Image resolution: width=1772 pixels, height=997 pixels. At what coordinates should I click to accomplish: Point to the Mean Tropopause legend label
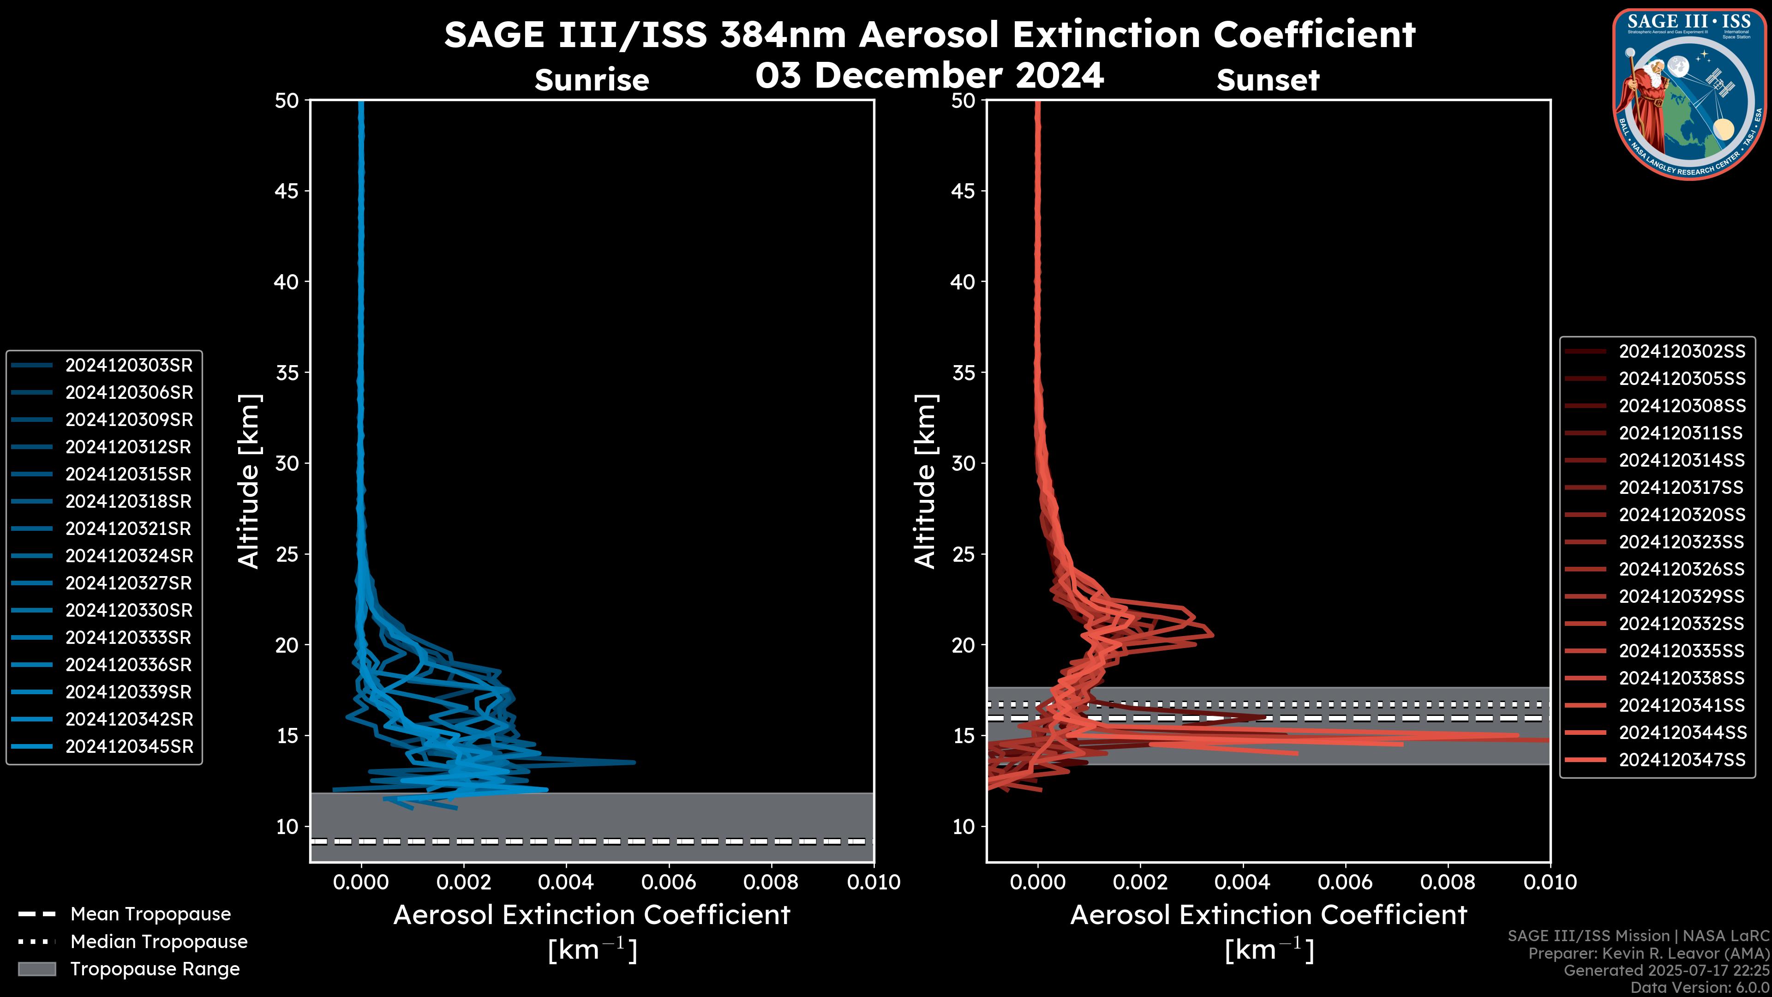pyautogui.click(x=150, y=914)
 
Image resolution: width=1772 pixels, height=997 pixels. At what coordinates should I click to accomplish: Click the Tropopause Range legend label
pyautogui.click(x=155, y=969)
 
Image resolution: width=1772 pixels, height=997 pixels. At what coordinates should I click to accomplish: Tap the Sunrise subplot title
pyautogui.click(x=592, y=80)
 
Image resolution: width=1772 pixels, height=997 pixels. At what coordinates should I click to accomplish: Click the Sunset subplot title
pyautogui.click(x=1268, y=80)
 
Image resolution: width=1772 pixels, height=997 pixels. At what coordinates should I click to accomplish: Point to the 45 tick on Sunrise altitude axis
pyautogui.click(x=287, y=191)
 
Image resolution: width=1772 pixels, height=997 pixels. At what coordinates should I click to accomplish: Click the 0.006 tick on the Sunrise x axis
pyautogui.click(x=669, y=882)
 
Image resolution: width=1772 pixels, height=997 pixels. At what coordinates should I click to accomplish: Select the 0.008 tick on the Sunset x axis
pyautogui.click(x=1448, y=882)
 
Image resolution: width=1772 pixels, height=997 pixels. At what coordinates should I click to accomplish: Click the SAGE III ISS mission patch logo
pyautogui.click(x=1689, y=93)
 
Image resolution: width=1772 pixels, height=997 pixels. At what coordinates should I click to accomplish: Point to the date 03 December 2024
pyautogui.click(x=929, y=75)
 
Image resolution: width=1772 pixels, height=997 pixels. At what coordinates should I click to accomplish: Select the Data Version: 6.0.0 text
pyautogui.click(x=1700, y=987)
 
